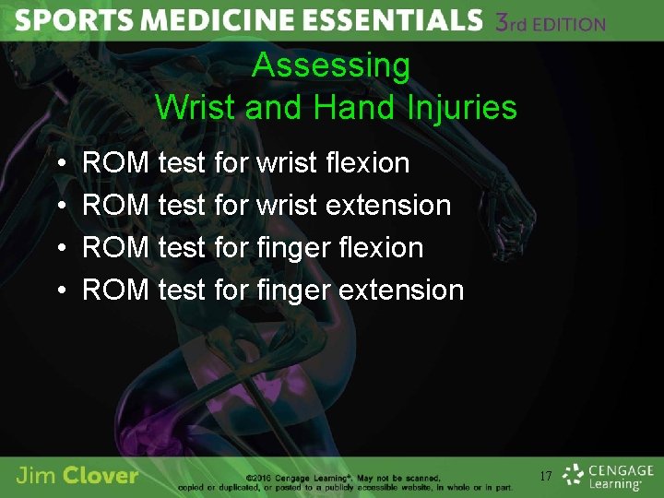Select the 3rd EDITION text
(x=551, y=23)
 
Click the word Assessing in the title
(x=331, y=65)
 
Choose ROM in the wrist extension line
(x=115, y=206)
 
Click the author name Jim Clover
(x=77, y=476)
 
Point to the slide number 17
(x=545, y=477)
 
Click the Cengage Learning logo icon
(x=575, y=475)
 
